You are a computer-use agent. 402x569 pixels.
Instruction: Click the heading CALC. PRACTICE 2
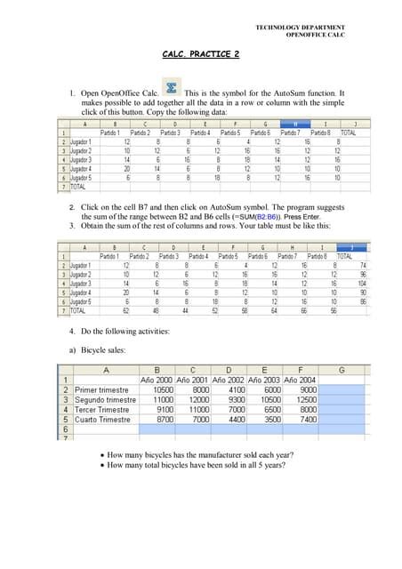[201, 55]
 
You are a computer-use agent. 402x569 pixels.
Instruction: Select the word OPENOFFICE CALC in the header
[316, 36]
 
